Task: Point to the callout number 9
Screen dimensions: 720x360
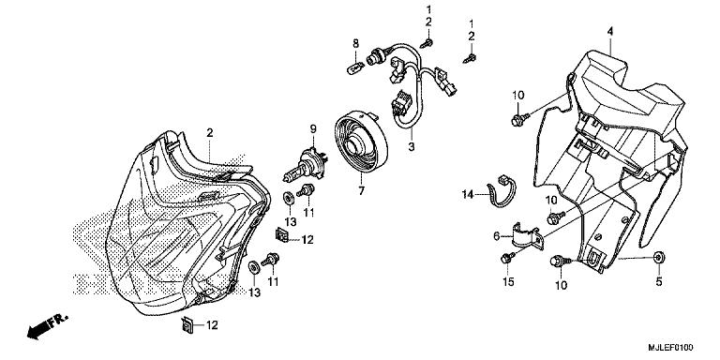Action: click(303, 128)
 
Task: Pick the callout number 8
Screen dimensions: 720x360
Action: click(355, 44)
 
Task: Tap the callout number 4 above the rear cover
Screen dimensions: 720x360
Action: click(609, 31)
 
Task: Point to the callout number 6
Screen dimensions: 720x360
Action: click(496, 237)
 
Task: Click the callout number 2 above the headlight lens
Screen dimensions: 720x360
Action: click(209, 132)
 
